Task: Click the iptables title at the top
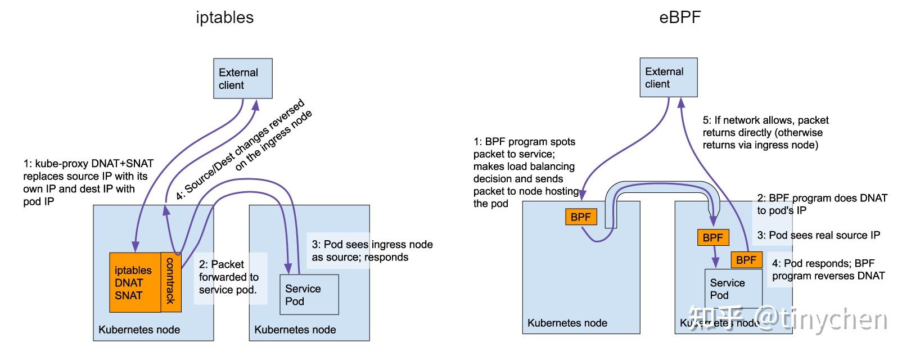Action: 225,17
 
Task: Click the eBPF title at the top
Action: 680,17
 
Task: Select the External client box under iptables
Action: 242,78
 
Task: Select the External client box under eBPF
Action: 669,78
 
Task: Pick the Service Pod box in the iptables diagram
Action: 309,294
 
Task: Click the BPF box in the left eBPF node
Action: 580,217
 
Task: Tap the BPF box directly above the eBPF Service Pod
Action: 712,237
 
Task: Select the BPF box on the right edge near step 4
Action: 746,259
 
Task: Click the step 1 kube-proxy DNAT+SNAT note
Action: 87,182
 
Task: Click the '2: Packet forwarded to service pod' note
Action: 228,277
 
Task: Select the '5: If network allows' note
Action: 765,132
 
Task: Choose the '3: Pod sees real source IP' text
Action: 818,235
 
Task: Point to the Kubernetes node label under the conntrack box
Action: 139,330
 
